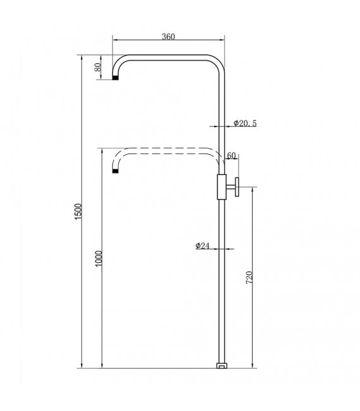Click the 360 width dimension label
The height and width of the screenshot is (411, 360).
tap(167, 37)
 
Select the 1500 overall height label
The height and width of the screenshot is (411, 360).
tap(78, 211)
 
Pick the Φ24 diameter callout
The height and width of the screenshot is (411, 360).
tap(203, 245)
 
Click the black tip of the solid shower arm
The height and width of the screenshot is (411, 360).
tap(116, 79)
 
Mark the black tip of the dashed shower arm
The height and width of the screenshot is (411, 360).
tap(116, 170)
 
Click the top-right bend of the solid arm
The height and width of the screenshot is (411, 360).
tap(216, 63)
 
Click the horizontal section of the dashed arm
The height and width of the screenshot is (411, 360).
tap(167, 150)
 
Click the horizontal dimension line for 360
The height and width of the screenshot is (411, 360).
tap(167, 43)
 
